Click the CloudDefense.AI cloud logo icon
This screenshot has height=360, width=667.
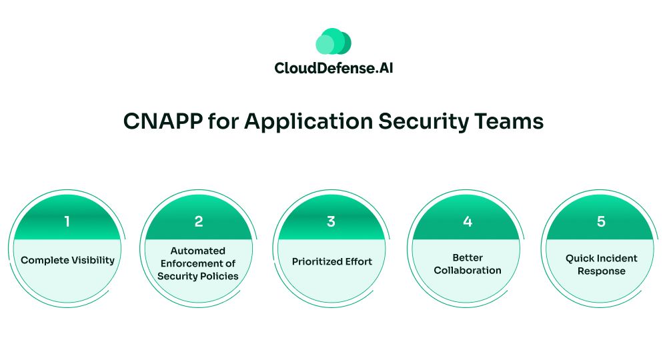point(333,41)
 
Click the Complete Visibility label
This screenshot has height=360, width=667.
point(67,260)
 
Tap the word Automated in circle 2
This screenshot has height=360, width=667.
point(198,251)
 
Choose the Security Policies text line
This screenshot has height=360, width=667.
point(198,276)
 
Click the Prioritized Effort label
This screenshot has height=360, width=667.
point(332,261)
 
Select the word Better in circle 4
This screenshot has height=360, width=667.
point(468,257)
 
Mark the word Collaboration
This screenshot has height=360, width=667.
point(468,270)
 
